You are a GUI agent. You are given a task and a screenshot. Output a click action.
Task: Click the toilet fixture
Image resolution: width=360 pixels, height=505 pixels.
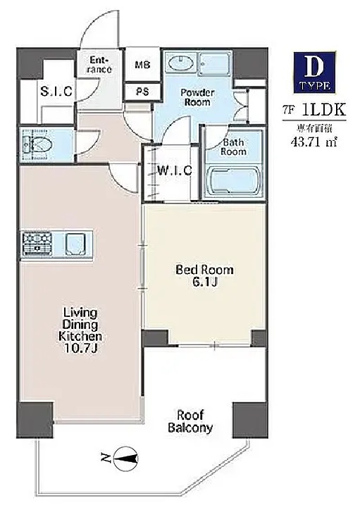(35, 145)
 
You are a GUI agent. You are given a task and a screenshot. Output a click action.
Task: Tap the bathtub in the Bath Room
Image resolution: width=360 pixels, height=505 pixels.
(233, 180)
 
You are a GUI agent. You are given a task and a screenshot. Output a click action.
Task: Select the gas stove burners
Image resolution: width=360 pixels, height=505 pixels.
(37, 244)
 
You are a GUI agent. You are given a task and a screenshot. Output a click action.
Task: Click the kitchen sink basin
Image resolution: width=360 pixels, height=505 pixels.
(75, 244)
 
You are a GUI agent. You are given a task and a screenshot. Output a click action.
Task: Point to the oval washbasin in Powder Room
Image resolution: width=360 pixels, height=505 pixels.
(180, 63)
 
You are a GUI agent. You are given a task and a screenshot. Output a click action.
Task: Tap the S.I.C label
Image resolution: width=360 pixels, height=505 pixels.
(56, 91)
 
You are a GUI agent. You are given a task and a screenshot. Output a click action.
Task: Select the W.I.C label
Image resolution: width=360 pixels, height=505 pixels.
(175, 170)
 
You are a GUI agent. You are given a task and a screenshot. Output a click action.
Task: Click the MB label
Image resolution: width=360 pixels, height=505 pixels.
(142, 65)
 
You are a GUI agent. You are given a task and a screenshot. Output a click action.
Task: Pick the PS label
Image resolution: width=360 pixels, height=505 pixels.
(142, 92)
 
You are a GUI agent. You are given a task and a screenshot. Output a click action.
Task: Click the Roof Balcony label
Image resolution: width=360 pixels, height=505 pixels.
(191, 421)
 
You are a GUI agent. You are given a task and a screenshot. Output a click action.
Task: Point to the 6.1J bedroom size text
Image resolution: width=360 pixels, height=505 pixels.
(205, 282)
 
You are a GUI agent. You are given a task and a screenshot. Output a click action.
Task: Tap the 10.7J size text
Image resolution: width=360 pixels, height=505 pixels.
(81, 349)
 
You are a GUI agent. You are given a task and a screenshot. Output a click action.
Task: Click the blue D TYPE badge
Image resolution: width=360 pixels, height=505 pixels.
(314, 73)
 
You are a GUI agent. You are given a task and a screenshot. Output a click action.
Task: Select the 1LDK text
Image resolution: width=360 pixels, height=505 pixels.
(324, 110)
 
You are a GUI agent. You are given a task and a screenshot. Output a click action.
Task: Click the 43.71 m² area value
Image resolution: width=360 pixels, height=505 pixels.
(314, 142)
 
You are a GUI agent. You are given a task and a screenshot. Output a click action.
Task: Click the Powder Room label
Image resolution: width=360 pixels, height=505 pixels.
(197, 98)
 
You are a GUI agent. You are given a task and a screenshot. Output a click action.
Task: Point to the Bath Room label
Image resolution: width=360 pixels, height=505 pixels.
(234, 147)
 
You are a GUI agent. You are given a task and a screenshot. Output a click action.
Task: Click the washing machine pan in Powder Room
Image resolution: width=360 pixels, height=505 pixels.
(214, 63)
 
